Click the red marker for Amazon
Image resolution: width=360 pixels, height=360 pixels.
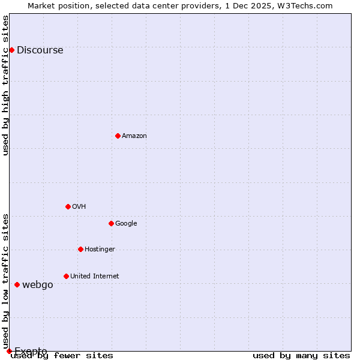(x=118, y=136)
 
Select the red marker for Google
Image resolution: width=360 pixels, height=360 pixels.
(x=111, y=223)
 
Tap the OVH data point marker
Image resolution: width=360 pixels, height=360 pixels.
(x=68, y=206)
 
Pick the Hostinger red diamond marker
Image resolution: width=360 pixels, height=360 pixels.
(x=80, y=249)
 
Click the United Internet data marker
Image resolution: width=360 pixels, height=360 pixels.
(x=66, y=276)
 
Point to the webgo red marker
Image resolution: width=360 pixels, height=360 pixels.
(x=17, y=284)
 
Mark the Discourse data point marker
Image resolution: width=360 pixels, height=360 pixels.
(x=11, y=50)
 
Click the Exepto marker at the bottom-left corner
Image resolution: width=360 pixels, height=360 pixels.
(x=9, y=351)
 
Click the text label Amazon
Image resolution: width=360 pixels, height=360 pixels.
(x=134, y=136)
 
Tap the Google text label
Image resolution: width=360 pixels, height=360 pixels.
(x=126, y=224)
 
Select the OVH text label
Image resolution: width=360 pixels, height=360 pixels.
(x=79, y=207)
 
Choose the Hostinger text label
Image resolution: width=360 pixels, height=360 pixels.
(x=100, y=250)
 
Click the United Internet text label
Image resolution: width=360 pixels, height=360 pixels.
(x=94, y=277)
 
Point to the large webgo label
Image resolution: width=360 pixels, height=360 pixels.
(x=37, y=285)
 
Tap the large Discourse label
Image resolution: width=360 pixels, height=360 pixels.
(x=40, y=50)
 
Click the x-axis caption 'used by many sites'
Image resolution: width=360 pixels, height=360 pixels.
(x=301, y=355)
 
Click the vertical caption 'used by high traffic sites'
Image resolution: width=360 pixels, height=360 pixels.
(x=5, y=85)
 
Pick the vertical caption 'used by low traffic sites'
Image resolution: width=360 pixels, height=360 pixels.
(x=5, y=281)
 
